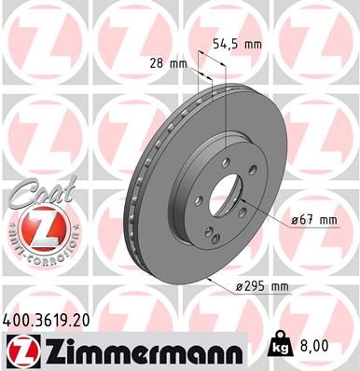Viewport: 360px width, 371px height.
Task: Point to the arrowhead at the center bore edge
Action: pyautogui.click(x=241, y=200)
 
